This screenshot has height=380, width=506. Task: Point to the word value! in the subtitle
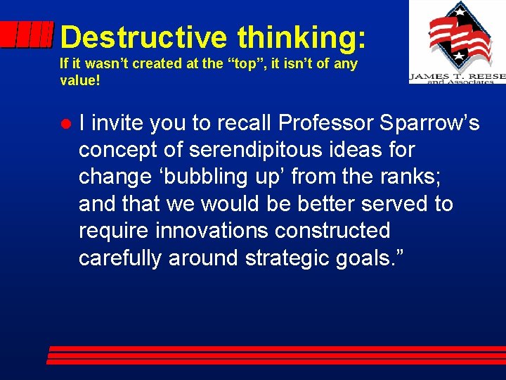(80, 80)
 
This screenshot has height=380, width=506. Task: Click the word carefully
(120, 258)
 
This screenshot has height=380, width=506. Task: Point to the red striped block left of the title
(27, 35)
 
